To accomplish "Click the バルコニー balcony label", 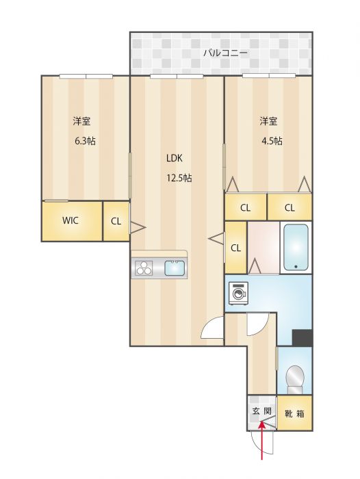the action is (226, 53).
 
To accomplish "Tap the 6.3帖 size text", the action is (85, 141).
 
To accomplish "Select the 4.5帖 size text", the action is (272, 141).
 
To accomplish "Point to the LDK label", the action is (175, 158).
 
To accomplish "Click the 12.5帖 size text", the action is (179, 178).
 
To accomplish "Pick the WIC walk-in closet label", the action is (70, 220).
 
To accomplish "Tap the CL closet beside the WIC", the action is (116, 221).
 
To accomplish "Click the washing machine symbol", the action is (239, 294).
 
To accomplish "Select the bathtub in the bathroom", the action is (296, 247).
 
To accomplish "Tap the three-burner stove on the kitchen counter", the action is (144, 268).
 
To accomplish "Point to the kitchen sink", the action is (175, 268).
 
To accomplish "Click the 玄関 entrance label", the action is (261, 411).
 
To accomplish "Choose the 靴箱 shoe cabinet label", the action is (294, 413).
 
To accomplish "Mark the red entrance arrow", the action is (262, 440).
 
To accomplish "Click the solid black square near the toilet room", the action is (302, 337).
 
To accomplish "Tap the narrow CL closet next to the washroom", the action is (235, 248).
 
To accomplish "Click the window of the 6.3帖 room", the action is (86, 76).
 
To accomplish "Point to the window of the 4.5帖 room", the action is (269, 75).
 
